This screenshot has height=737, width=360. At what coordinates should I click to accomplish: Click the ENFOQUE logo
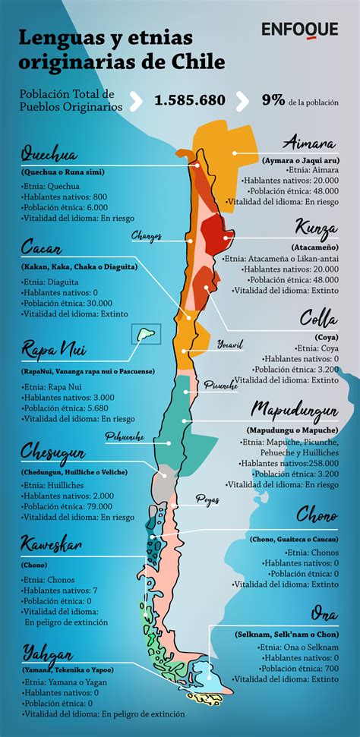point(301,30)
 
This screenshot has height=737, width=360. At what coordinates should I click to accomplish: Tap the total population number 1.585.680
point(190,101)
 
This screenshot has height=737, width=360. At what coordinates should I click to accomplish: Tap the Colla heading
point(319,317)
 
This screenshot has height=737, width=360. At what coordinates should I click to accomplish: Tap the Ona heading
point(324,614)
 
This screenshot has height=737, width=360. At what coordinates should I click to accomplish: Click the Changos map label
point(147,236)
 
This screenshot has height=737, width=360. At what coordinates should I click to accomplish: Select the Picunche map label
point(221,386)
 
